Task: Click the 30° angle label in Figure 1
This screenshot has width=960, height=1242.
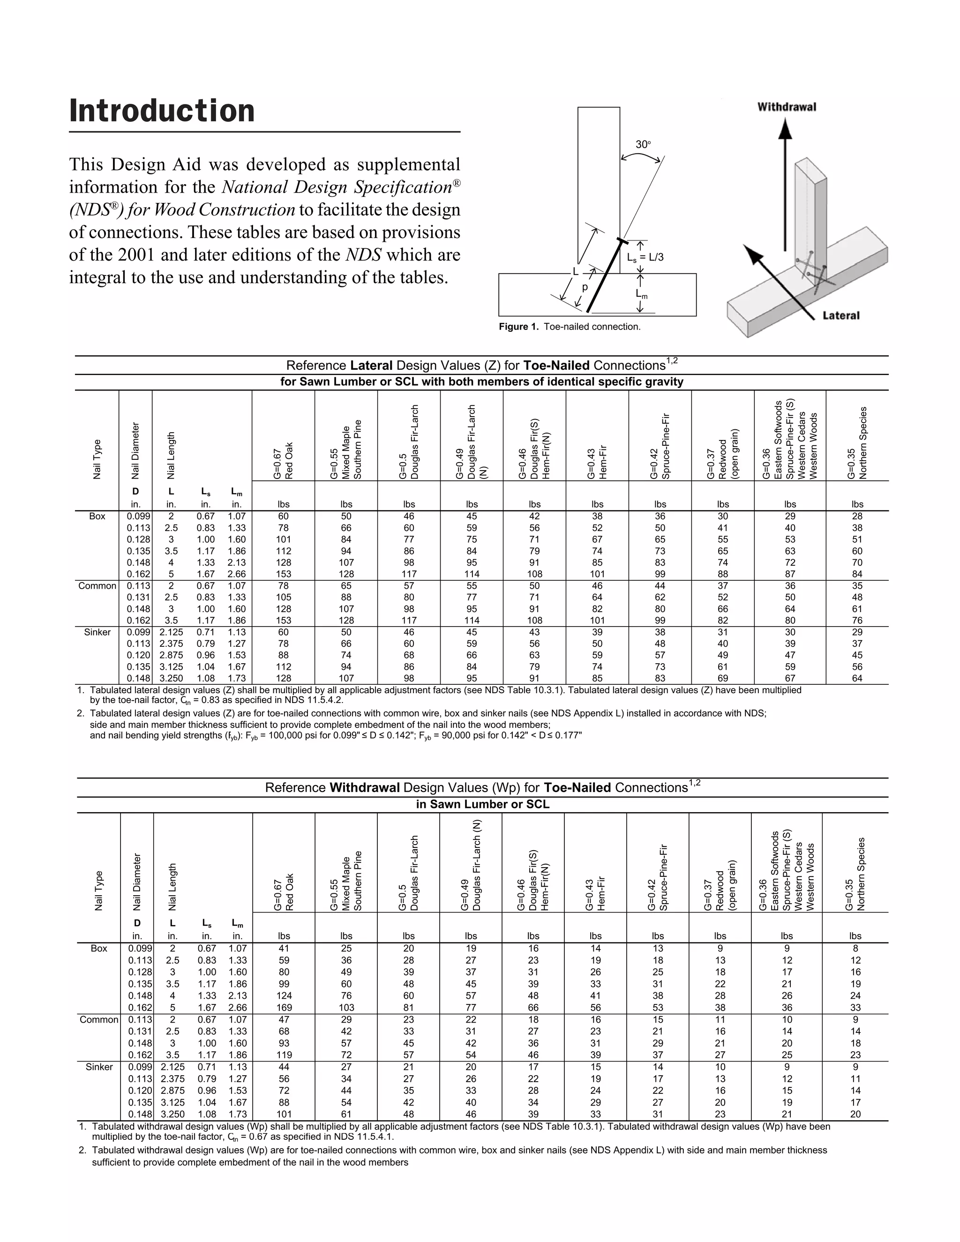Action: pos(643,144)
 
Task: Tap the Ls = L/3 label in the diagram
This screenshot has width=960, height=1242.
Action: pos(645,257)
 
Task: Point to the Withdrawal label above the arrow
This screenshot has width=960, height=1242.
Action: pos(787,107)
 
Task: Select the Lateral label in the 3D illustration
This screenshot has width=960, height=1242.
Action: pos(840,315)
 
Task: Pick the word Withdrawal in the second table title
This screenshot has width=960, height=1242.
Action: pos(365,788)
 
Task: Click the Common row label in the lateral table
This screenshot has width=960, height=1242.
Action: pos(97,586)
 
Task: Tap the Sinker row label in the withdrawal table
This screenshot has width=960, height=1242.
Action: pos(99,1067)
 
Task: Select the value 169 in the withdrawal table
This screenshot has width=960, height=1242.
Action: pos(284,1007)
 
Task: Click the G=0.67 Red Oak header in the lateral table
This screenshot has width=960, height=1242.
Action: pos(283,461)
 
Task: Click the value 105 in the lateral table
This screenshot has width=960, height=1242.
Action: pos(283,597)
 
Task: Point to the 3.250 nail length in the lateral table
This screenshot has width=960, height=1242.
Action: pos(171,678)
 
